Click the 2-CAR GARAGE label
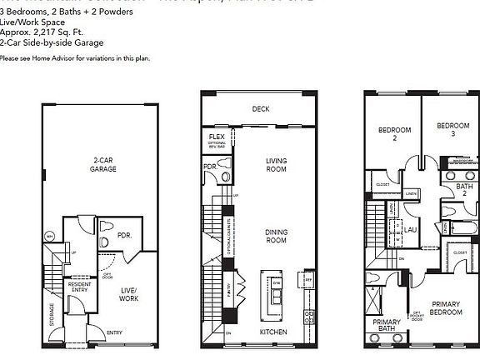tap(104, 163)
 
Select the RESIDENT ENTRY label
tap(80, 287)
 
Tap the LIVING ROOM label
tap(277, 167)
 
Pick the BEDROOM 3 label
tap(452, 130)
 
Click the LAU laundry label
tap(410, 229)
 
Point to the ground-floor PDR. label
tap(124, 236)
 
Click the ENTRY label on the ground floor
tap(112, 332)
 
